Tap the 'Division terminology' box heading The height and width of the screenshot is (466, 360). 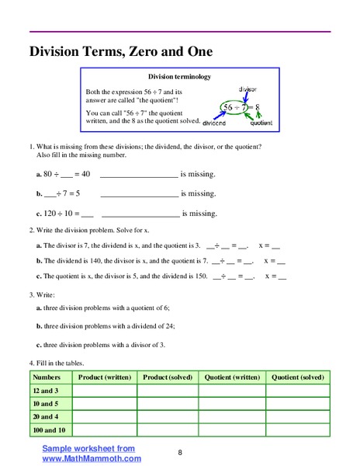pyautogui.click(x=179, y=77)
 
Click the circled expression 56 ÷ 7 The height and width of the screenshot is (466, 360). pyautogui.click(x=236, y=106)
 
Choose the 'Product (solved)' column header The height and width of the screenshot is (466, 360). pyautogui.click(x=168, y=377)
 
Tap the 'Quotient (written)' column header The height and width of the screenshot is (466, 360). pyautogui.click(x=232, y=377)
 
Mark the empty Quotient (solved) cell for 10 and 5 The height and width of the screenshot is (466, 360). pyautogui.click(x=297, y=404)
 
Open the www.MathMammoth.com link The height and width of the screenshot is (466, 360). pyautogui.click(x=92, y=458)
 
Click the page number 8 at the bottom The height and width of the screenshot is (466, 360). pyautogui.click(x=179, y=452)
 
